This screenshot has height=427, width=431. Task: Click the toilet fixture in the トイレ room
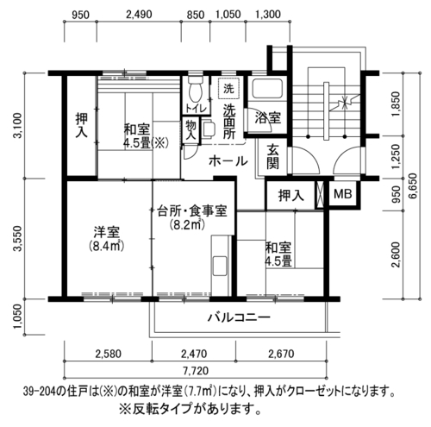[x=196, y=89]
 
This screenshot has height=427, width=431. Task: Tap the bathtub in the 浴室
[x=267, y=89]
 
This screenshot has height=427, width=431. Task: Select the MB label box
[x=343, y=194]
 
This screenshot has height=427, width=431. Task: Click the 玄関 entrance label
[x=272, y=157]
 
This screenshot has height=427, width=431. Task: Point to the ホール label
[x=228, y=161]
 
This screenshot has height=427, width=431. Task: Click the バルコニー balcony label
[x=239, y=317]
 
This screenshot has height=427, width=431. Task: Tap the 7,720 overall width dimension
[x=196, y=371]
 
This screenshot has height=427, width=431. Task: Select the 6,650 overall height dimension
[x=413, y=185]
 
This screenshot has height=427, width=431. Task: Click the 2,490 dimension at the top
[x=139, y=15]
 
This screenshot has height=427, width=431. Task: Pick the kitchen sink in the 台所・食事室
[x=220, y=267]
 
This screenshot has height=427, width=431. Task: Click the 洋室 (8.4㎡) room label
[x=106, y=239]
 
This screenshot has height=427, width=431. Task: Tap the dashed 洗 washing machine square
[x=228, y=89]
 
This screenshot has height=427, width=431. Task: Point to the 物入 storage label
[x=191, y=130]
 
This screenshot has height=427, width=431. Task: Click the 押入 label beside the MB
[x=291, y=196]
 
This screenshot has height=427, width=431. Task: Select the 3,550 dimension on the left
[x=18, y=238]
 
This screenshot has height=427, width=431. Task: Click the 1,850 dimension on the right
[x=396, y=104]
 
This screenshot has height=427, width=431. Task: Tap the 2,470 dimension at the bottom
[x=194, y=354]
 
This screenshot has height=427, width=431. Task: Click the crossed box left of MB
[x=320, y=194]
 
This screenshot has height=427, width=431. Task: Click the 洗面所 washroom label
[x=229, y=122]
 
